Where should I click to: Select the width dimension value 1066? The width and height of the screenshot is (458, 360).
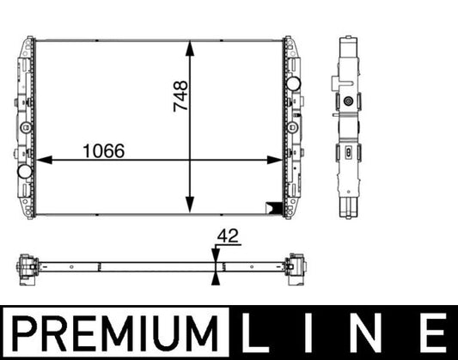coord(103,149)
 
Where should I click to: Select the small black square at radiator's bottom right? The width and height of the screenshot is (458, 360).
coord(274,205)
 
